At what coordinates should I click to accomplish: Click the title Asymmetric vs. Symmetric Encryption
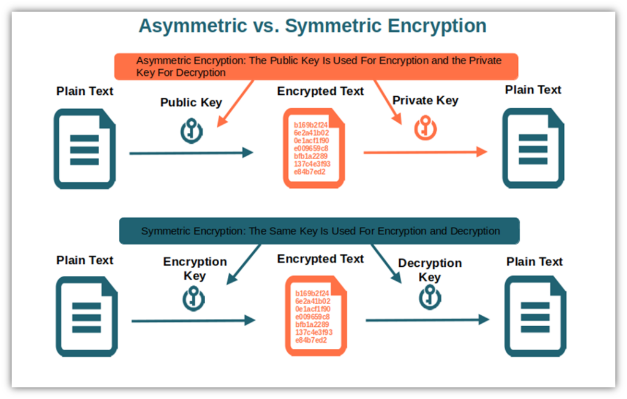312,26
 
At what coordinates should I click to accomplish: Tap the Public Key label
191,102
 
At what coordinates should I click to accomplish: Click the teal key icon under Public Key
191,131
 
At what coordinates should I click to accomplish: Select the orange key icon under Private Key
424,129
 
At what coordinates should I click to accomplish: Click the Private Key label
425,100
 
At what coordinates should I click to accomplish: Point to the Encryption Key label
195,269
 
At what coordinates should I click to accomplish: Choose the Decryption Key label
430,270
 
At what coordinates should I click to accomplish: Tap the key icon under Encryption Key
193,299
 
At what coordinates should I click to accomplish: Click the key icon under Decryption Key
430,298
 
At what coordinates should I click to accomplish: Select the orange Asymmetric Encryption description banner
316,67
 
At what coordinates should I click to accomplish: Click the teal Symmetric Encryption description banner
319,231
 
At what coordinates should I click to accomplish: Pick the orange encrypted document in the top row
313,148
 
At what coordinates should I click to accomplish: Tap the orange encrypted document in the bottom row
315,315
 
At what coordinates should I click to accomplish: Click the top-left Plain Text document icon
84,149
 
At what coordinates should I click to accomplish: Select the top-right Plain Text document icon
533,148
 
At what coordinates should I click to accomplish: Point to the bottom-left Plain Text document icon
86,316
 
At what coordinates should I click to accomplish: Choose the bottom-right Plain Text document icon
535,316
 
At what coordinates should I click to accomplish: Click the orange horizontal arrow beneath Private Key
425,152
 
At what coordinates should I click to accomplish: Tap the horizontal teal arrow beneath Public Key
191,153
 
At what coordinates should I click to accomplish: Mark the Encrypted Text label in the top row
320,91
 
